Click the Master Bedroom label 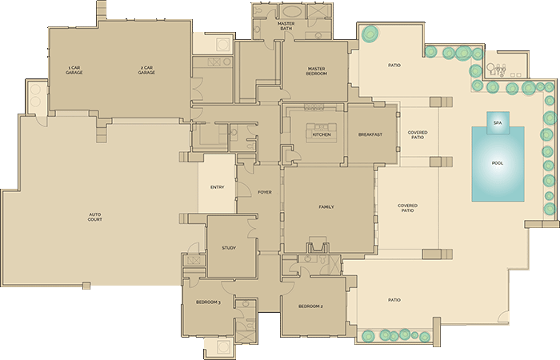316,71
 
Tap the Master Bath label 286,27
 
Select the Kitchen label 321,134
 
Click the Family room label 326,207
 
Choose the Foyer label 265,192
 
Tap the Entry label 217,188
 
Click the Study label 229,248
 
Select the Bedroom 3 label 208,302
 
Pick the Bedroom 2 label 310,306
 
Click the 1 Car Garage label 75,70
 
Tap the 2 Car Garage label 146,70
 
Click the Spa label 497,122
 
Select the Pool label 498,163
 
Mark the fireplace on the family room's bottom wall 318,246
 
